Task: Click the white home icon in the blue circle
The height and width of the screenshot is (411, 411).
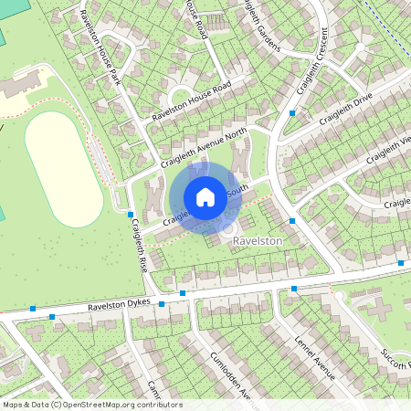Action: click(205, 196)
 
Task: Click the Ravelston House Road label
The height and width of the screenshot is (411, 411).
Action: click(193, 100)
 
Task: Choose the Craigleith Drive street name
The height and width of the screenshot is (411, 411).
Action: click(353, 113)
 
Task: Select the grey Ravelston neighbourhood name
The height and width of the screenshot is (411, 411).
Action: click(259, 239)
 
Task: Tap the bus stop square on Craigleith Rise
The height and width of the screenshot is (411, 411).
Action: click(130, 213)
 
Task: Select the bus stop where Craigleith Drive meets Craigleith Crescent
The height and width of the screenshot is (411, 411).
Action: click(292, 113)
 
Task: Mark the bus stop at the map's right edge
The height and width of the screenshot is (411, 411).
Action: click(402, 263)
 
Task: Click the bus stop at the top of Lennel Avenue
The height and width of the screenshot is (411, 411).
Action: click(294, 289)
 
